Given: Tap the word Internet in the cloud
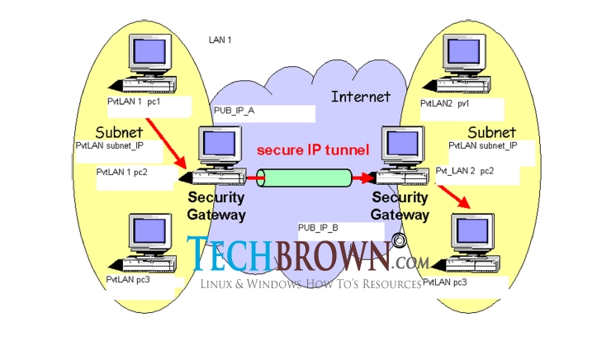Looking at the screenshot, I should pyautogui.click(x=360, y=97).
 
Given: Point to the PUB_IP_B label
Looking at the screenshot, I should pyautogui.click(x=318, y=225).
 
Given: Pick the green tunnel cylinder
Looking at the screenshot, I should pyautogui.click(x=303, y=178).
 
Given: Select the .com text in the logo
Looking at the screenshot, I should pyautogui.click(x=410, y=262).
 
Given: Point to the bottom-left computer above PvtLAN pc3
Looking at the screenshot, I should pyautogui.click(x=148, y=244).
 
